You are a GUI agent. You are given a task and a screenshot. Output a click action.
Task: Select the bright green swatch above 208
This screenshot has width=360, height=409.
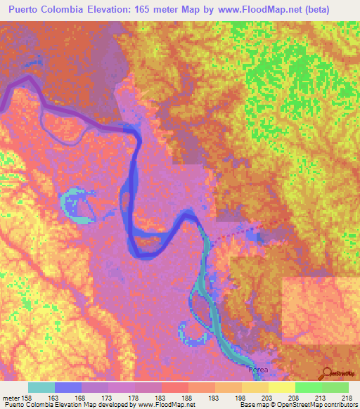point(308,387)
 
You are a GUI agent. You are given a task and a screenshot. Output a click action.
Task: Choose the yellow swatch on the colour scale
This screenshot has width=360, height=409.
point(281,387)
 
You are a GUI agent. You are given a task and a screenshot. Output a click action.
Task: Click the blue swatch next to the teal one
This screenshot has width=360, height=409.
point(68,387)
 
